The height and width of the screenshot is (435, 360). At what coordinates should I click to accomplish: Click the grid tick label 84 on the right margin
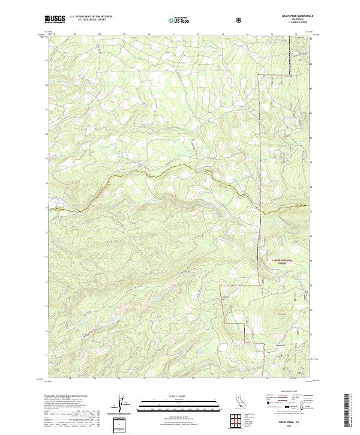311,38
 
